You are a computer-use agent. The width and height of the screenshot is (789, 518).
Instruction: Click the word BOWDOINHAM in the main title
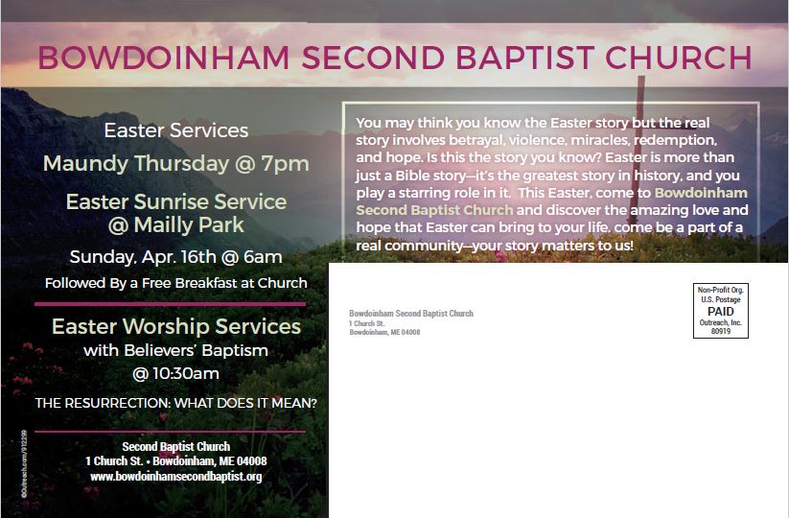pos(164,58)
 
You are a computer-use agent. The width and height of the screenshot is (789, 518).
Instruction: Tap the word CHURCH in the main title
pos(679,58)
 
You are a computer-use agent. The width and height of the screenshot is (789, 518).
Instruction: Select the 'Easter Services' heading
pos(176,130)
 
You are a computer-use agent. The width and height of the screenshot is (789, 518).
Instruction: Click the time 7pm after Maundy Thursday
pos(285,164)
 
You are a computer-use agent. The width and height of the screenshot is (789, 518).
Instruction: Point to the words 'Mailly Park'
pos(189,224)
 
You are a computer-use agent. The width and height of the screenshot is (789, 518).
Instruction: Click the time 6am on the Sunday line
pos(263,257)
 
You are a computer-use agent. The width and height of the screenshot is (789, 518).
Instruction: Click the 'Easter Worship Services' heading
pos(176,326)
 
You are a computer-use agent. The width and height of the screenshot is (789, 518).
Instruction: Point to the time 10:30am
pos(175,373)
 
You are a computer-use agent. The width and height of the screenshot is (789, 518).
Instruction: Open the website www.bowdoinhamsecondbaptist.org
pos(176,476)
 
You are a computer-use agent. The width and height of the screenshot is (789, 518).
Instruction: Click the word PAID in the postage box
pos(721,311)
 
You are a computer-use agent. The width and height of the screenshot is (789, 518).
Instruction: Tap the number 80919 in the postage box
pos(721,331)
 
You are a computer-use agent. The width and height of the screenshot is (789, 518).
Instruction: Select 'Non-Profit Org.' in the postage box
pos(721,290)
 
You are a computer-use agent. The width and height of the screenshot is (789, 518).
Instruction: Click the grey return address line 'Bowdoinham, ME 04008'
pos(384,332)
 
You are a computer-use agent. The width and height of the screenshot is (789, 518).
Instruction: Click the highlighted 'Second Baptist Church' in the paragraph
pos(434,210)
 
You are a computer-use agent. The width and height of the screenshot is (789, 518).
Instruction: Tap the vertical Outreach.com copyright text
pos(24,464)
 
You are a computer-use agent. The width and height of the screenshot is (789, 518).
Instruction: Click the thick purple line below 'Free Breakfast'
pos(170,304)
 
